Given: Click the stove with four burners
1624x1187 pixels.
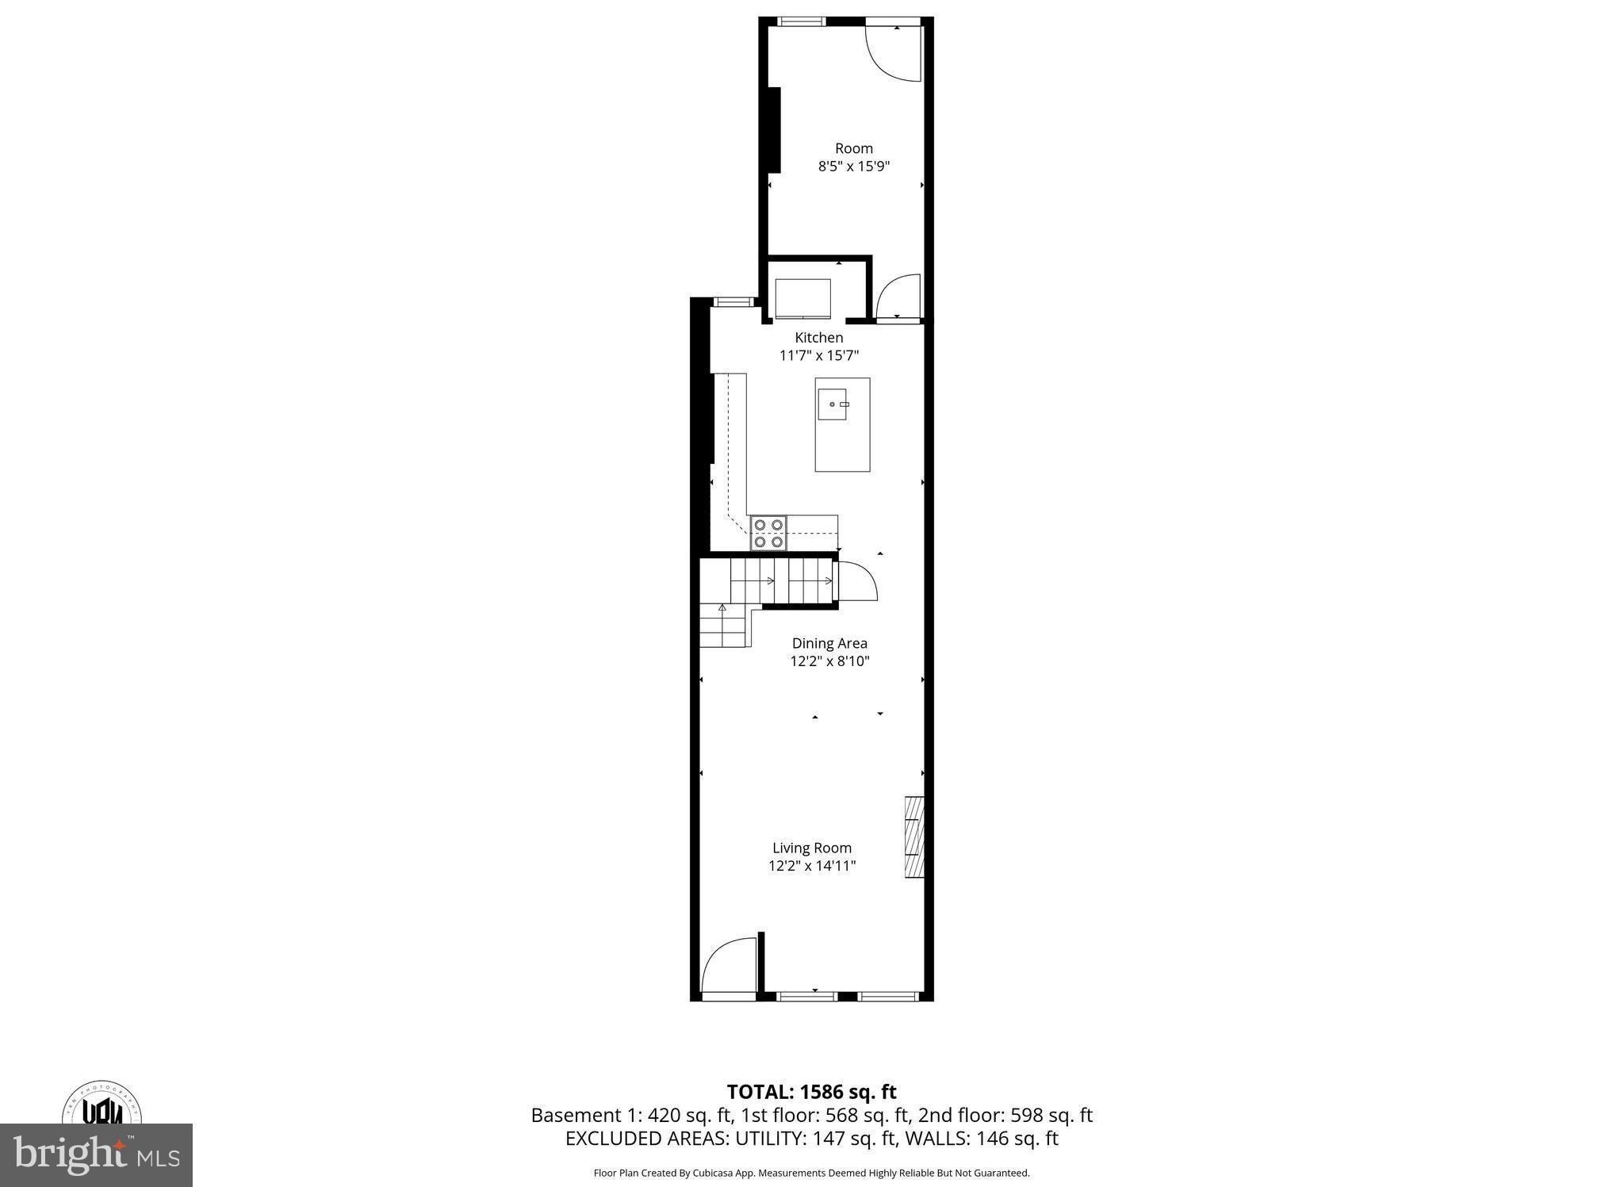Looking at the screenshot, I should click(x=768, y=533).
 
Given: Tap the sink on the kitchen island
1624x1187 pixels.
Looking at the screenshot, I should click(x=833, y=404).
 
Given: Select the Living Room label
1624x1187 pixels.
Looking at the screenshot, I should click(x=811, y=848).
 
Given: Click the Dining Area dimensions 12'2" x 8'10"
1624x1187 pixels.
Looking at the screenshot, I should click(x=829, y=661).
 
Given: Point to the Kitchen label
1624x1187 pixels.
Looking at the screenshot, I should click(x=818, y=338).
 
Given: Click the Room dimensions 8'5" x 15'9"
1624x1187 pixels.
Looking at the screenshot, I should click(x=853, y=167).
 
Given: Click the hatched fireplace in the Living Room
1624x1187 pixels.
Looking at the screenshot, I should click(x=914, y=837).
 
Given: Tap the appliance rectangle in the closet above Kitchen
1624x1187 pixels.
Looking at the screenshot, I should click(x=802, y=298).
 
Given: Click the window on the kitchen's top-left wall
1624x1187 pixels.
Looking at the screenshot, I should click(x=733, y=301).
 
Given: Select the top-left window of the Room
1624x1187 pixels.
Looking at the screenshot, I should click(x=800, y=21).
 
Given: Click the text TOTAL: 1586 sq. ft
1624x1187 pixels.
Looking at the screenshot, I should click(x=811, y=1092).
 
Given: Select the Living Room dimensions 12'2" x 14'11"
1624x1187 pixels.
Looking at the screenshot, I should click(x=811, y=866).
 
